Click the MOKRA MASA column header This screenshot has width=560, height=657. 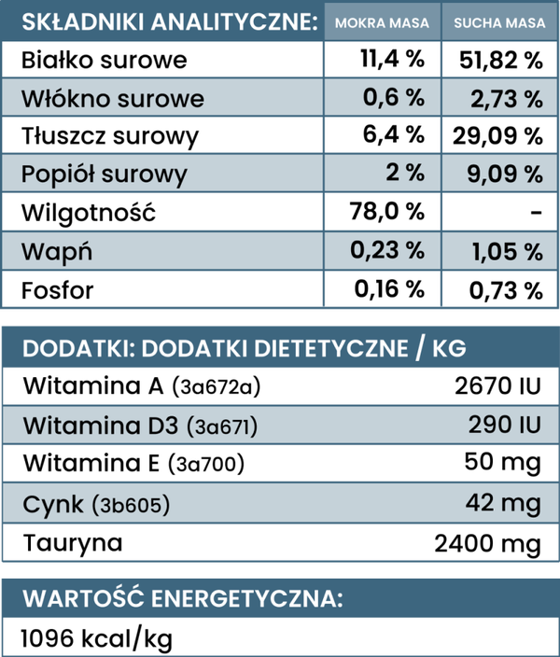tap(382, 22)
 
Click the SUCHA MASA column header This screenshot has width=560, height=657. tap(499, 22)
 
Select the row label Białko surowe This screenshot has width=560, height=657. tap(104, 60)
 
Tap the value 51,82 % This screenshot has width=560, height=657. tap(501, 60)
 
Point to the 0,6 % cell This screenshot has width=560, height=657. tap(394, 98)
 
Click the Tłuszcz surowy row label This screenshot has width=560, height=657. tap(110, 136)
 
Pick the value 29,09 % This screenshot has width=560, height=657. tap(497, 136)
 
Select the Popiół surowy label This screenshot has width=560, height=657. tap(105, 175)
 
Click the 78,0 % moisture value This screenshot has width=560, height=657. tap(387, 211)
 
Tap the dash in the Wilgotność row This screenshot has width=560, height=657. tap(536, 213)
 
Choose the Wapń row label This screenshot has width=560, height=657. tap(57, 252)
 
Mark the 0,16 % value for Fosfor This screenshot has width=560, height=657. tap(389, 289)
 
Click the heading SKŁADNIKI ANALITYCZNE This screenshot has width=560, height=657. tap(170, 22)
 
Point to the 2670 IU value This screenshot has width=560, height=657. tap(498, 386)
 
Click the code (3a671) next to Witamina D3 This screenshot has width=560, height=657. tap(222, 426)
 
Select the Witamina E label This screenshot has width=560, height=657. tap(91, 463)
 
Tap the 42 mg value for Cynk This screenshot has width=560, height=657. tap(503, 503)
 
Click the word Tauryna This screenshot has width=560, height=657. tap(73, 543)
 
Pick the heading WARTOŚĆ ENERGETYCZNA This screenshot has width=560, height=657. tap(183, 598)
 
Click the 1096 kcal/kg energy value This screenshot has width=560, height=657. tap(97, 639)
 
